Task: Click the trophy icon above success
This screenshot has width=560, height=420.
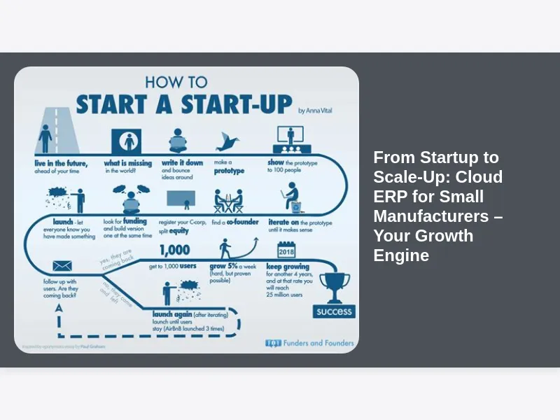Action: [x=335, y=286]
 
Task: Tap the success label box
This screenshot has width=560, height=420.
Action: [x=334, y=311]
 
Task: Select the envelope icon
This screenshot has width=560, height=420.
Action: [x=62, y=266]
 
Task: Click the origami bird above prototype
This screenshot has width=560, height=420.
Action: [x=227, y=141]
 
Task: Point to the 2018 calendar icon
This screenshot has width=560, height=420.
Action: [x=286, y=250]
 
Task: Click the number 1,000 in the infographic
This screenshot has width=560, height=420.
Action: [x=174, y=251]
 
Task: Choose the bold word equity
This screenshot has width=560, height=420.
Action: [x=180, y=230]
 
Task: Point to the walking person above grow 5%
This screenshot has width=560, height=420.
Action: [x=225, y=248]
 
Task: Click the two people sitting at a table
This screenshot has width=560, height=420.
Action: [x=228, y=202]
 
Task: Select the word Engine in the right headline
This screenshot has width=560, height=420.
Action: [x=401, y=255]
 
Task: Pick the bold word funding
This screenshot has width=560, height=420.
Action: [x=135, y=221]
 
